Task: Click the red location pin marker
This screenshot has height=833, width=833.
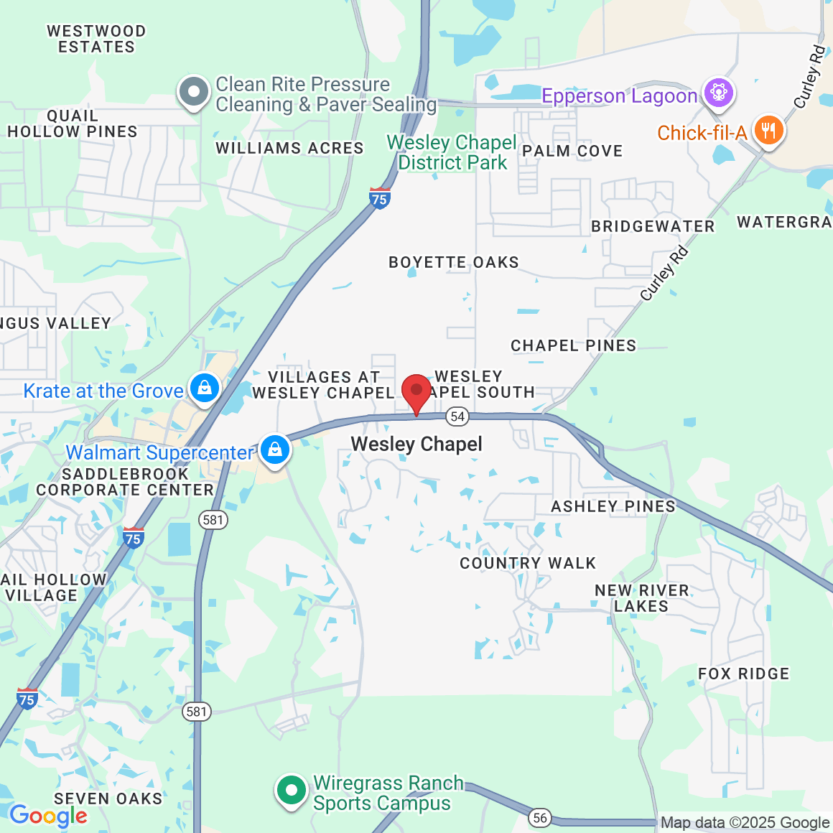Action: pyautogui.click(x=416, y=392)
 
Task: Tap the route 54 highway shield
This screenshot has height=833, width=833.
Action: pyautogui.click(x=457, y=416)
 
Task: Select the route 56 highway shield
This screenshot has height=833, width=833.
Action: pyautogui.click(x=540, y=817)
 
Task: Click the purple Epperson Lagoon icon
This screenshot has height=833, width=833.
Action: pyautogui.click(x=717, y=93)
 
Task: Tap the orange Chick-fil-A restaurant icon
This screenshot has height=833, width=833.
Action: pyautogui.click(x=768, y=131)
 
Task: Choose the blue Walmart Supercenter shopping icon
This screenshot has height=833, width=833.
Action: pyautogui.click(x=274, y=450)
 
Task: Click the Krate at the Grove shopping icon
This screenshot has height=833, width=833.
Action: pyautogui.click(x=205, y=388)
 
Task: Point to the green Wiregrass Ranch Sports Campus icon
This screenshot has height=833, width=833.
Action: pyautogui.click(x=292, y=791)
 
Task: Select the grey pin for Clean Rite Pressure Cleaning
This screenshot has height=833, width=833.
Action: pyautogui.click(x=194, y=92)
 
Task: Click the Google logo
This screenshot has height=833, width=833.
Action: pyautogui.click(x=48, y=816)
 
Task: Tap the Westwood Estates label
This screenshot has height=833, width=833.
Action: pyautogui.click(x=96, y=39)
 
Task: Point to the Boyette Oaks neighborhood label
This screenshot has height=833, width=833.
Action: pyautogui.click(x=453, y=263)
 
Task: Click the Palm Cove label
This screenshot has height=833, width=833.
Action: pyautogui.click(x=572, y=152)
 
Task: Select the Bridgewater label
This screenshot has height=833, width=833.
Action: pyautogui.click(x=653, y=227)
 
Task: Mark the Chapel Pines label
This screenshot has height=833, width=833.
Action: pyautogui.click(x=573, y=346)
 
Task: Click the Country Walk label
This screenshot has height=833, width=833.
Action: pyautogui.click(x=528, y=564)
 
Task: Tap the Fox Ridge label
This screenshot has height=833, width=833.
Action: pyautogui.click(x=743, y=674)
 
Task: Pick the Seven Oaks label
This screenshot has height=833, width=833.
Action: pyautogui.click(x=108, y=799)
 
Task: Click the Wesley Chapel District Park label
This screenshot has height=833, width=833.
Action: pyautogui.click(x=452, y=152)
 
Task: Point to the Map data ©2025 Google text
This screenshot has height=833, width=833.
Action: pyautogui.click(x=745, y=823)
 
